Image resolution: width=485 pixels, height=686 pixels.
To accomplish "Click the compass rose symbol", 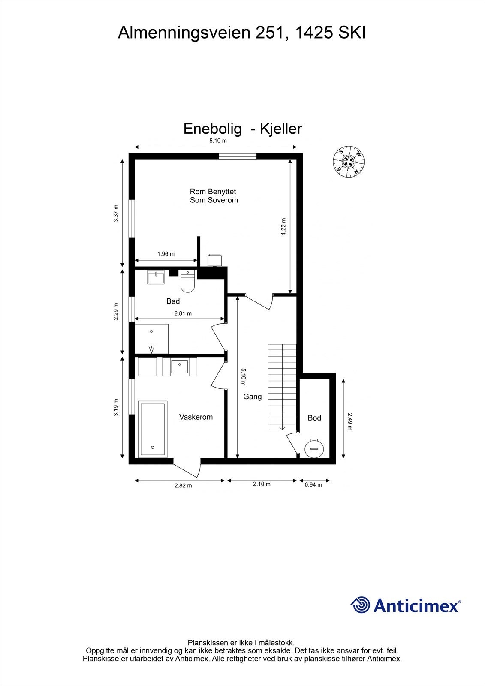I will (349, 162).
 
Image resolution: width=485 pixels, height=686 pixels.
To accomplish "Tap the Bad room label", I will (173, 301).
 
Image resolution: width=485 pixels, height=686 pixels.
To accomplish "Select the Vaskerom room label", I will (196, 417).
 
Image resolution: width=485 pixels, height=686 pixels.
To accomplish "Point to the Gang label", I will (252, 397).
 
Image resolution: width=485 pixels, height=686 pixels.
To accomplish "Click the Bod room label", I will (314, 418).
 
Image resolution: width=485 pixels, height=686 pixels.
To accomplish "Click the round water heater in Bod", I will (314, 448).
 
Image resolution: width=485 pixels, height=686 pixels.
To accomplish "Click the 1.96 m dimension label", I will (166, 254).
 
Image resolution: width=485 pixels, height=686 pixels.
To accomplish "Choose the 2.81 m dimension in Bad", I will (183, 313).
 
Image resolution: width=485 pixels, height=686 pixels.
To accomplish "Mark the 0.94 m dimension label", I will (313, 485).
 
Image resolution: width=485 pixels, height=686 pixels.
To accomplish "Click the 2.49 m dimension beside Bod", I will (349, 421).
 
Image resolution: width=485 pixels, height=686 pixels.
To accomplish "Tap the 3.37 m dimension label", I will (116, 214).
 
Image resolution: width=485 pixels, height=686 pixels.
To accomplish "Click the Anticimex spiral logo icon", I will (361, 605).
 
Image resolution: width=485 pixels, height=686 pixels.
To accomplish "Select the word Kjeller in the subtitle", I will (281, 129).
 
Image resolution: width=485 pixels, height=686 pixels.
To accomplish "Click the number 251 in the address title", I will (269, 33).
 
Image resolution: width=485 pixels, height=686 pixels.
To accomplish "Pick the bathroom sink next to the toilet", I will (156, 277).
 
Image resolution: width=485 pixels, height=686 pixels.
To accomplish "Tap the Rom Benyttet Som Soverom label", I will (214, 196).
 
